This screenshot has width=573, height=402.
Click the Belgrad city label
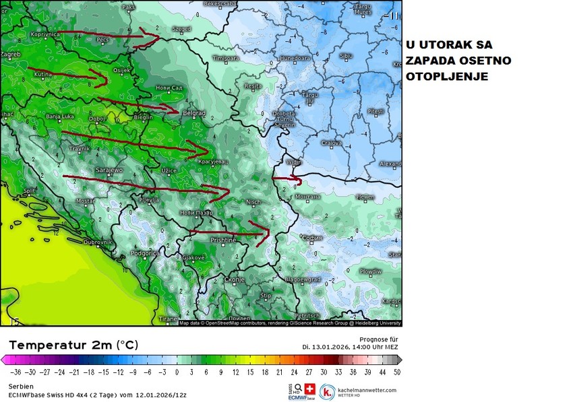[193, 114]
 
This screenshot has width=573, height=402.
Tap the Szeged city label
[181, 29]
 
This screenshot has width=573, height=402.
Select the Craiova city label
[331, 143]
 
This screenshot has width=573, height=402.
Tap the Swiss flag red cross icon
[310, 389]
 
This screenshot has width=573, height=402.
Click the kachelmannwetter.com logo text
[367, 390]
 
